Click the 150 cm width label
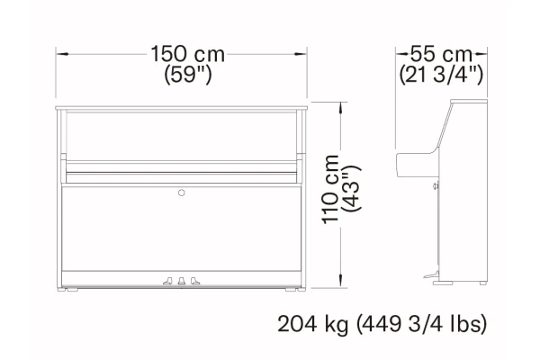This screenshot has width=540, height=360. click(188, 54)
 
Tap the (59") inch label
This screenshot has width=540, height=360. click(188, 74)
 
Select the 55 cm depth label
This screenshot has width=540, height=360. click(441, 54)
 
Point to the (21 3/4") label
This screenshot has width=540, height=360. click(441, 74)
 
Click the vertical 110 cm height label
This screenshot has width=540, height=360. click(330, 190)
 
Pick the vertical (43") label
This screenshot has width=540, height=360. click(351, 189)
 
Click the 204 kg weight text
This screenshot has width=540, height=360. click(312, 324)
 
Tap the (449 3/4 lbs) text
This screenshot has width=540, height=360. click(421, 324)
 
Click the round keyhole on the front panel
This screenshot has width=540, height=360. click(182, 193)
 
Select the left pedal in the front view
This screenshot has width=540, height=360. click(167, 281)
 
